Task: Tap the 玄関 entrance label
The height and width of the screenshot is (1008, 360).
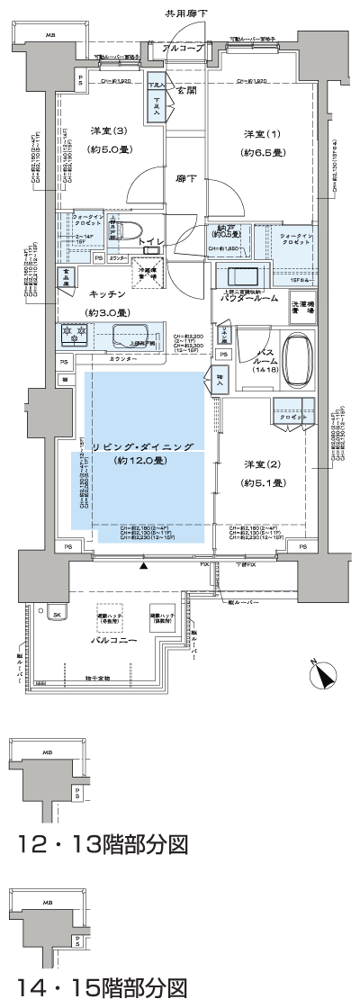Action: [186, 91]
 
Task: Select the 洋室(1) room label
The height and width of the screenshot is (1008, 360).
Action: [262, 134]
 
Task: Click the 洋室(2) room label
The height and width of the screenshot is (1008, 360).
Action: [263, 464]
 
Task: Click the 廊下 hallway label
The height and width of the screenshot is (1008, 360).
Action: [186, 179]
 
